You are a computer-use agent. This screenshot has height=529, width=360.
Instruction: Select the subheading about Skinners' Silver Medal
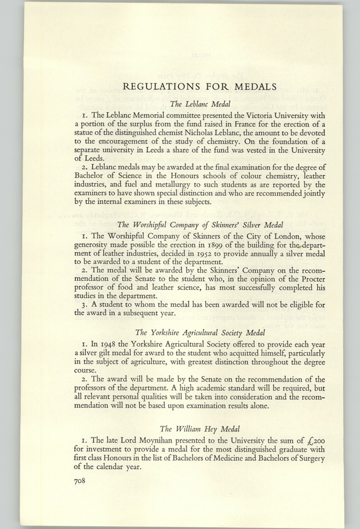click(197, 224)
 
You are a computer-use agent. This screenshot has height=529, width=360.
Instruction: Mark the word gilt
click(110, 353)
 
